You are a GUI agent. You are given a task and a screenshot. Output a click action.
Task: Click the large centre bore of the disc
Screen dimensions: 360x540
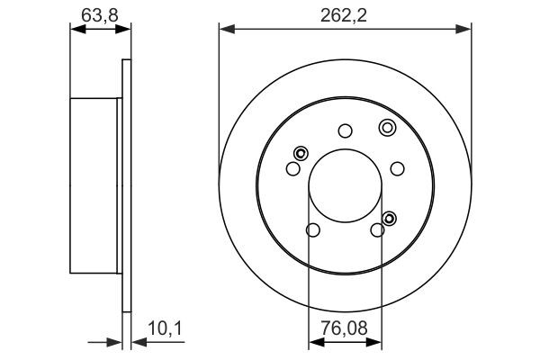[345, 186]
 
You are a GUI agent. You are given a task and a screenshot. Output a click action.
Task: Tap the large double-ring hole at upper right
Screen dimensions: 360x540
[387, 127]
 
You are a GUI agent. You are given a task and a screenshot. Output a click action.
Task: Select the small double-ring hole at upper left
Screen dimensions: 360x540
[300, 152]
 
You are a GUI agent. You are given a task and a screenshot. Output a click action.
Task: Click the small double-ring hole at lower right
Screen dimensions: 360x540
[390, 217]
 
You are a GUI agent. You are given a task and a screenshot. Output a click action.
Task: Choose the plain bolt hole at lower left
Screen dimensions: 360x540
[312, 231]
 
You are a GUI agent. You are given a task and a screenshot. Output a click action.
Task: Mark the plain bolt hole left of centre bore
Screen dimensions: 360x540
[292, 168]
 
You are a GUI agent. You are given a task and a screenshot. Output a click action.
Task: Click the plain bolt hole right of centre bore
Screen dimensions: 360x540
[397, 167]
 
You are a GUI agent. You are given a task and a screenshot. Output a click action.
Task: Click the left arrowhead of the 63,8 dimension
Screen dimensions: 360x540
[76, 31]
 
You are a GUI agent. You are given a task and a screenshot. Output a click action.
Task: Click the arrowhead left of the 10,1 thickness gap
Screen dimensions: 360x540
[116, 342]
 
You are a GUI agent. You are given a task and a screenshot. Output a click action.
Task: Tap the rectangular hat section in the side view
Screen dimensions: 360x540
[94, 185]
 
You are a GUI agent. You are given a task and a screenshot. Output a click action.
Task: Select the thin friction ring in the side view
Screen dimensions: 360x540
[126, 185]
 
